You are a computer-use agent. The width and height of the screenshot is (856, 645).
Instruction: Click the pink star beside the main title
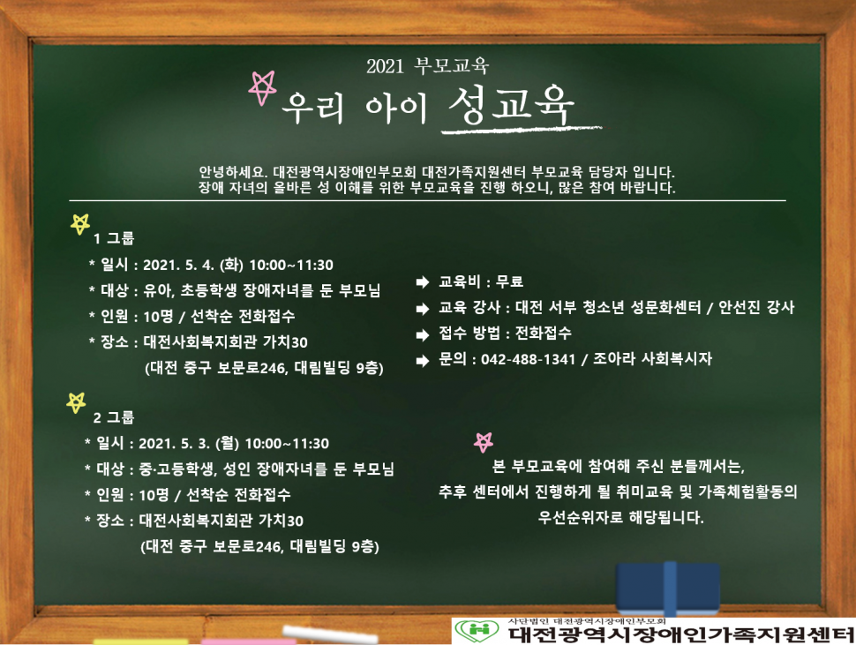click(x=263, y=87)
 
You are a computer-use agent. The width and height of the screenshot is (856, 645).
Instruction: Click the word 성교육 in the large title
click(x=512, y=104)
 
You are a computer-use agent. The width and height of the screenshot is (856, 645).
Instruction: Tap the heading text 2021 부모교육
click(x=427, y=66)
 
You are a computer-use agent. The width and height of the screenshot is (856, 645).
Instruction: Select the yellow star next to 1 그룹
click(x=80, y=224)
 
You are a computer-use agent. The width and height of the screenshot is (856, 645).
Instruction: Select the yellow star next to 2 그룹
click(x=76, y=402)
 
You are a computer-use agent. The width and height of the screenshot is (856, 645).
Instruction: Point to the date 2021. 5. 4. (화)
click(x=193, y=266)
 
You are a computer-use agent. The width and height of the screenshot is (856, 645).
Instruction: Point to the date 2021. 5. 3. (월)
click(x=189, y=444)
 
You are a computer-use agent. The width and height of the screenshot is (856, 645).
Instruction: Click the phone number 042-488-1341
click(x=528, y=359)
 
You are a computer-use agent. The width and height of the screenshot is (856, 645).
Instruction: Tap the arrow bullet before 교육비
click(x=423, y=282)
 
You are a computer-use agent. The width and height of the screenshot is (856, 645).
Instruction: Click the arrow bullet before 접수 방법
click(x=423, y=334)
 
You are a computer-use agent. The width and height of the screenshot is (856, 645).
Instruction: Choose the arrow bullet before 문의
click(x=423, y=360)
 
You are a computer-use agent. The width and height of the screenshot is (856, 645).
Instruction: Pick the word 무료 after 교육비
click(x=509, y=281)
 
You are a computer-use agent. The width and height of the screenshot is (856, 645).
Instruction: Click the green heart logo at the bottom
click(x=477, y=631)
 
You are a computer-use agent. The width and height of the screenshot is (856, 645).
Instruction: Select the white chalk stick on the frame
click(x=330, y=635)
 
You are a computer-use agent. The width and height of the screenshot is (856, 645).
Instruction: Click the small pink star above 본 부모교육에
click(x=484, y=441)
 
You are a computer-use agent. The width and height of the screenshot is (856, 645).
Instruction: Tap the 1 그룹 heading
click(x=114, y=238)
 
